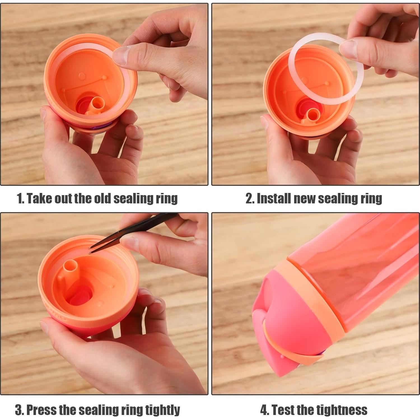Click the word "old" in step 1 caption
[102, 199]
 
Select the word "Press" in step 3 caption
[41, 410]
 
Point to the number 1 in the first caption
[20, 199]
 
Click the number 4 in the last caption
[264, 410]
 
